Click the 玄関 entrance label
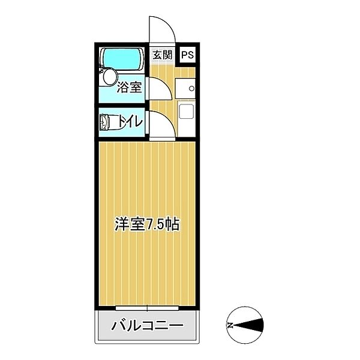(161, 55)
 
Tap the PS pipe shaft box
(187, 55)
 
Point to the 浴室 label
(130, 88)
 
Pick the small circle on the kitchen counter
(191, 88)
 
